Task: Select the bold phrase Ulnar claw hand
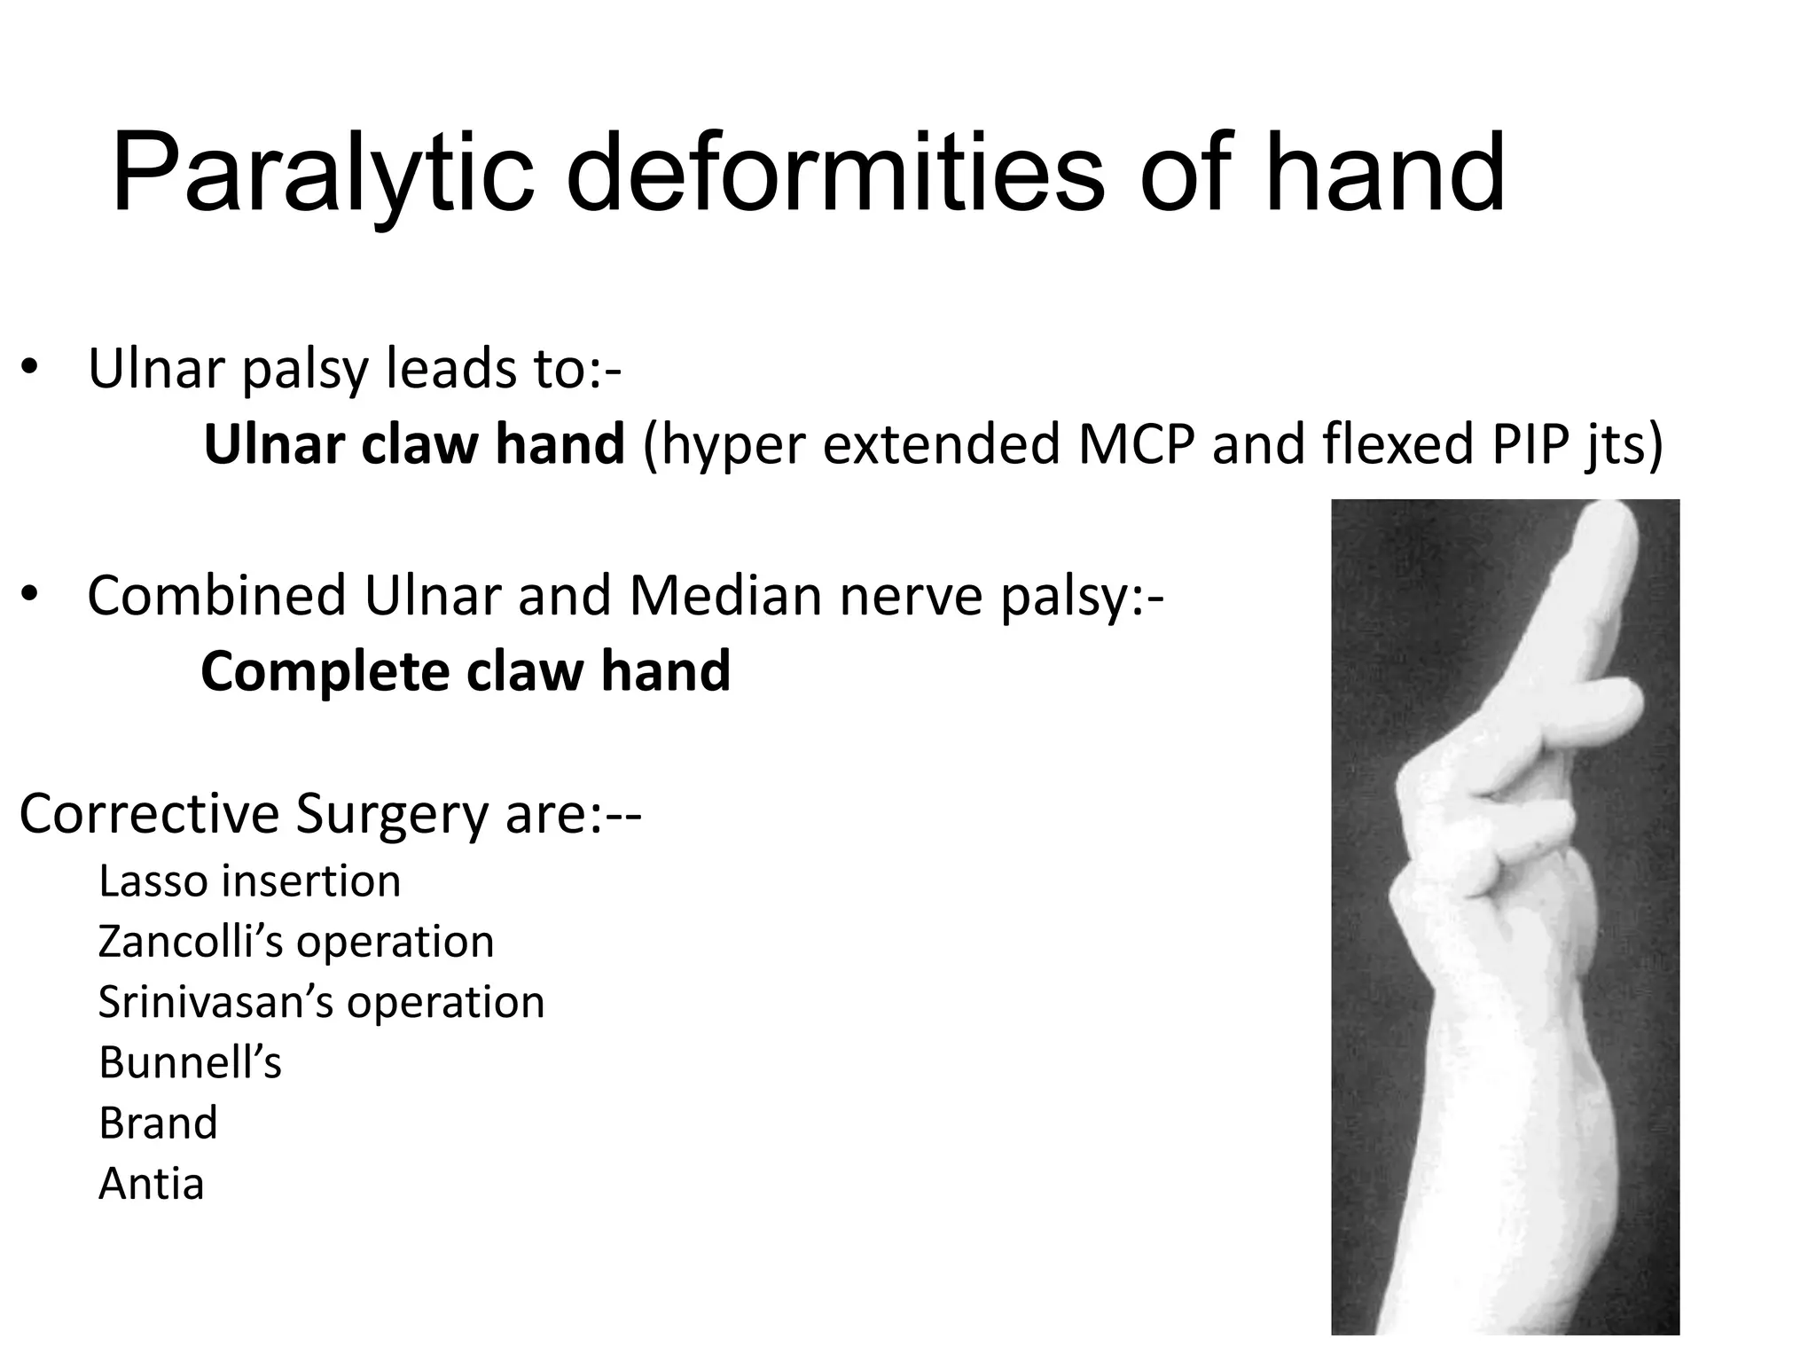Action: coord(414,444)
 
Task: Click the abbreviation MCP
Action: coord(1132,444)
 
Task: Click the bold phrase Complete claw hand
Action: coord(466,671)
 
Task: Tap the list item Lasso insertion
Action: coord(250,881)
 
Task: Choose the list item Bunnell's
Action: coord(190,1063)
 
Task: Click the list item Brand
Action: coord(158,1123)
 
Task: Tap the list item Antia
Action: coord(152,1184)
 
